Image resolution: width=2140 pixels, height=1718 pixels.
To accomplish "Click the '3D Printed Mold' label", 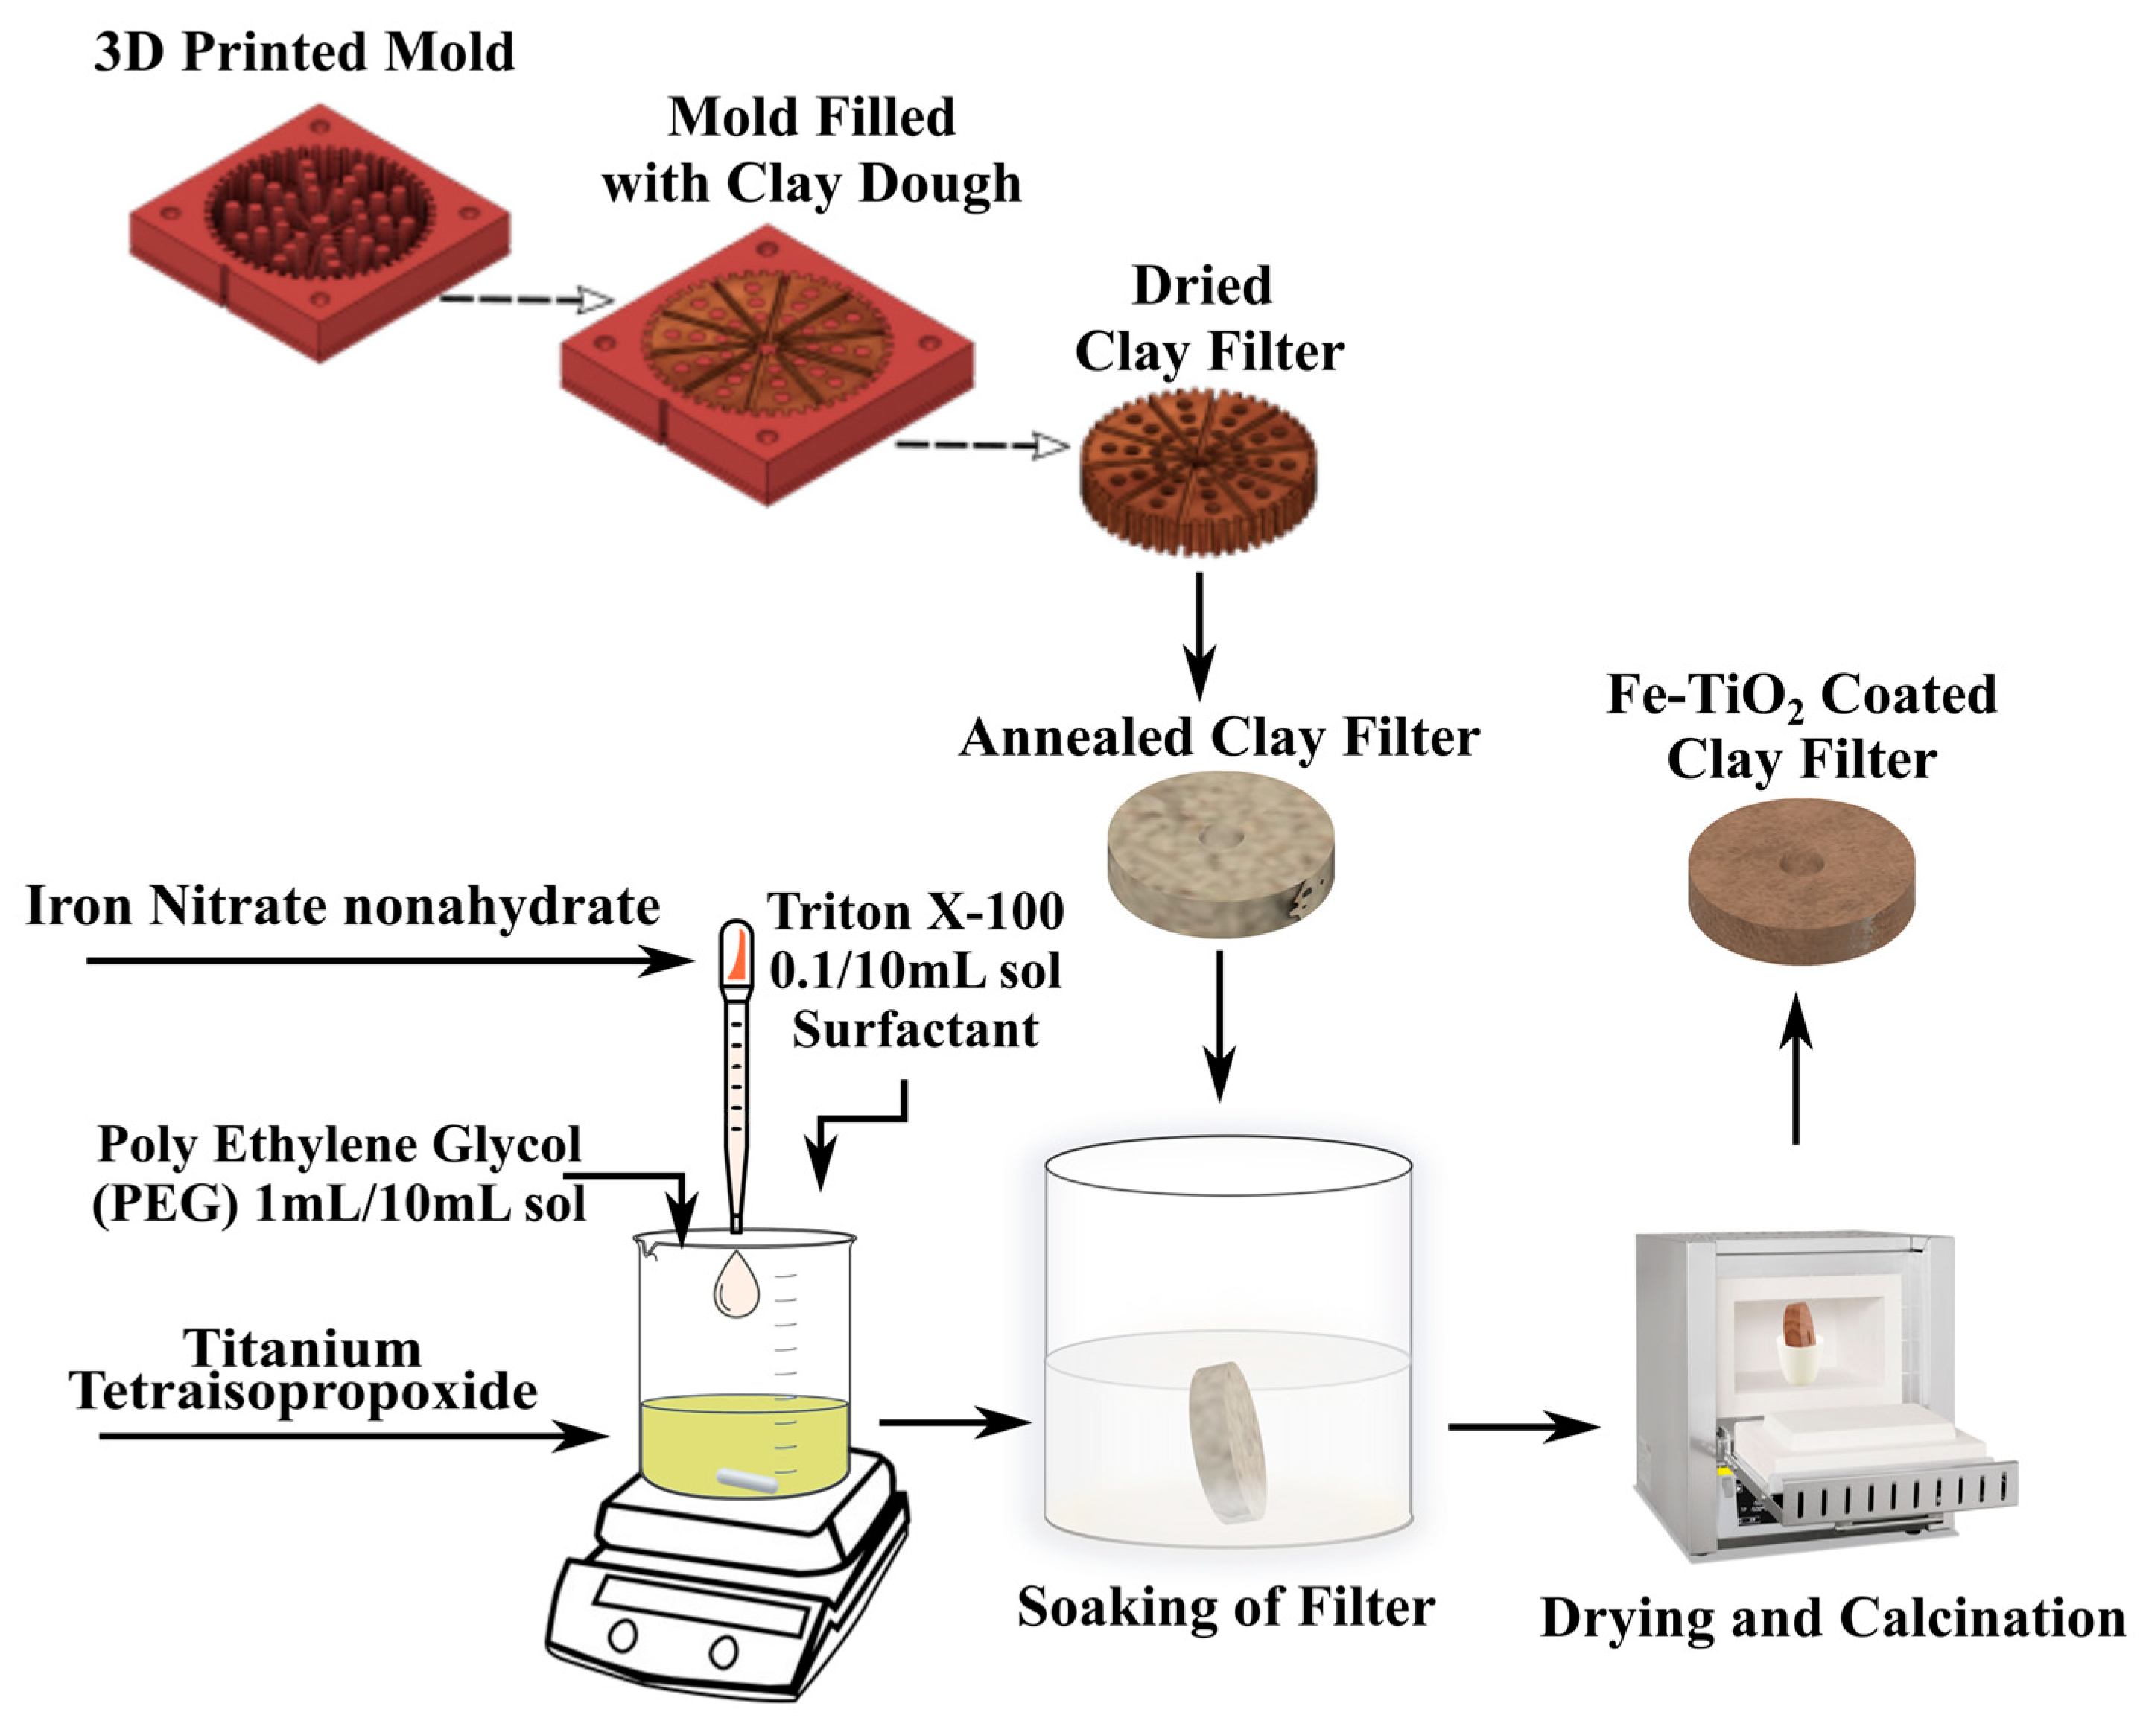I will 304,51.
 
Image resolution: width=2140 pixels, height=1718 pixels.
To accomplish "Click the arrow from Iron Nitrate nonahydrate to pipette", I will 387,960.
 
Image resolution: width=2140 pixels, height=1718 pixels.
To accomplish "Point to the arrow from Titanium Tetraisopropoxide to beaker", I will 352,1435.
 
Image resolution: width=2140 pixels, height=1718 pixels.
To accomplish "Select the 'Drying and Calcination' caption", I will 1832,1617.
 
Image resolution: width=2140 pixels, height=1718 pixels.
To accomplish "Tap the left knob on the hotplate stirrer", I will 623,1635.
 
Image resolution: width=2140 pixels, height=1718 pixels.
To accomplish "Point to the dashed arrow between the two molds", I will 526,299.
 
